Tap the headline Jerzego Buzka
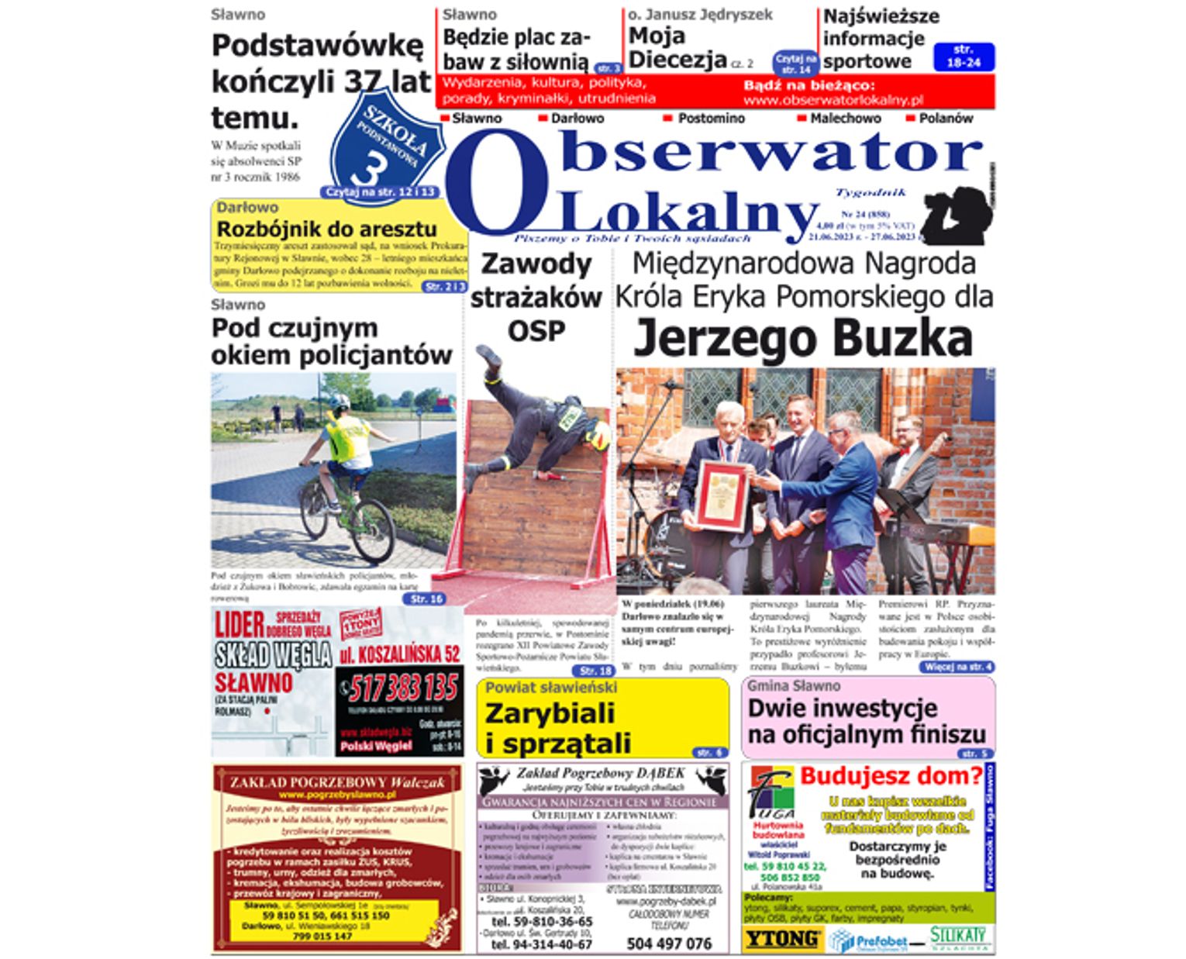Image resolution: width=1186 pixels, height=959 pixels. click(x=803, y=339)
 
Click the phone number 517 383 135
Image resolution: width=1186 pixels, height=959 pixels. click(x=402, y=688)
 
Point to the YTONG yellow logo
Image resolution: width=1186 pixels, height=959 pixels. click(x=781, y=939)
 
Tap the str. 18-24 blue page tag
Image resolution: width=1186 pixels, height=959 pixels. click(x=963, y=57)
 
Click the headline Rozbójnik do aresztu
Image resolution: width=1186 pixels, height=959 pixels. click(x=326, y=229)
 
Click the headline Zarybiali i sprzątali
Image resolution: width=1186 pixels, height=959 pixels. click(x=557, y=728)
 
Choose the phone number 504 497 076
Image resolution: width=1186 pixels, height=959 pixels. click(x=668, y=943)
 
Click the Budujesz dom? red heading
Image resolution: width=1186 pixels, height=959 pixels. click(x=891, y=775)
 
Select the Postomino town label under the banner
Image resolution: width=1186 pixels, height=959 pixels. click(x=710, y=119)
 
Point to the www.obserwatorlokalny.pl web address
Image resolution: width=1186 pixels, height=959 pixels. click(x=833, y=100)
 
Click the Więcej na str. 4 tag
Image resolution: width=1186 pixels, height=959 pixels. click(x=958, y=667)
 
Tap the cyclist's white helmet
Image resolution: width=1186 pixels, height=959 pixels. click(x=339, y=401)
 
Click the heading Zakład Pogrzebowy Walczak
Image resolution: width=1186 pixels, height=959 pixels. click(x=337, y=782)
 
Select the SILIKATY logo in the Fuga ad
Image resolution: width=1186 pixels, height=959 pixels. click(x=960, y=937)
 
